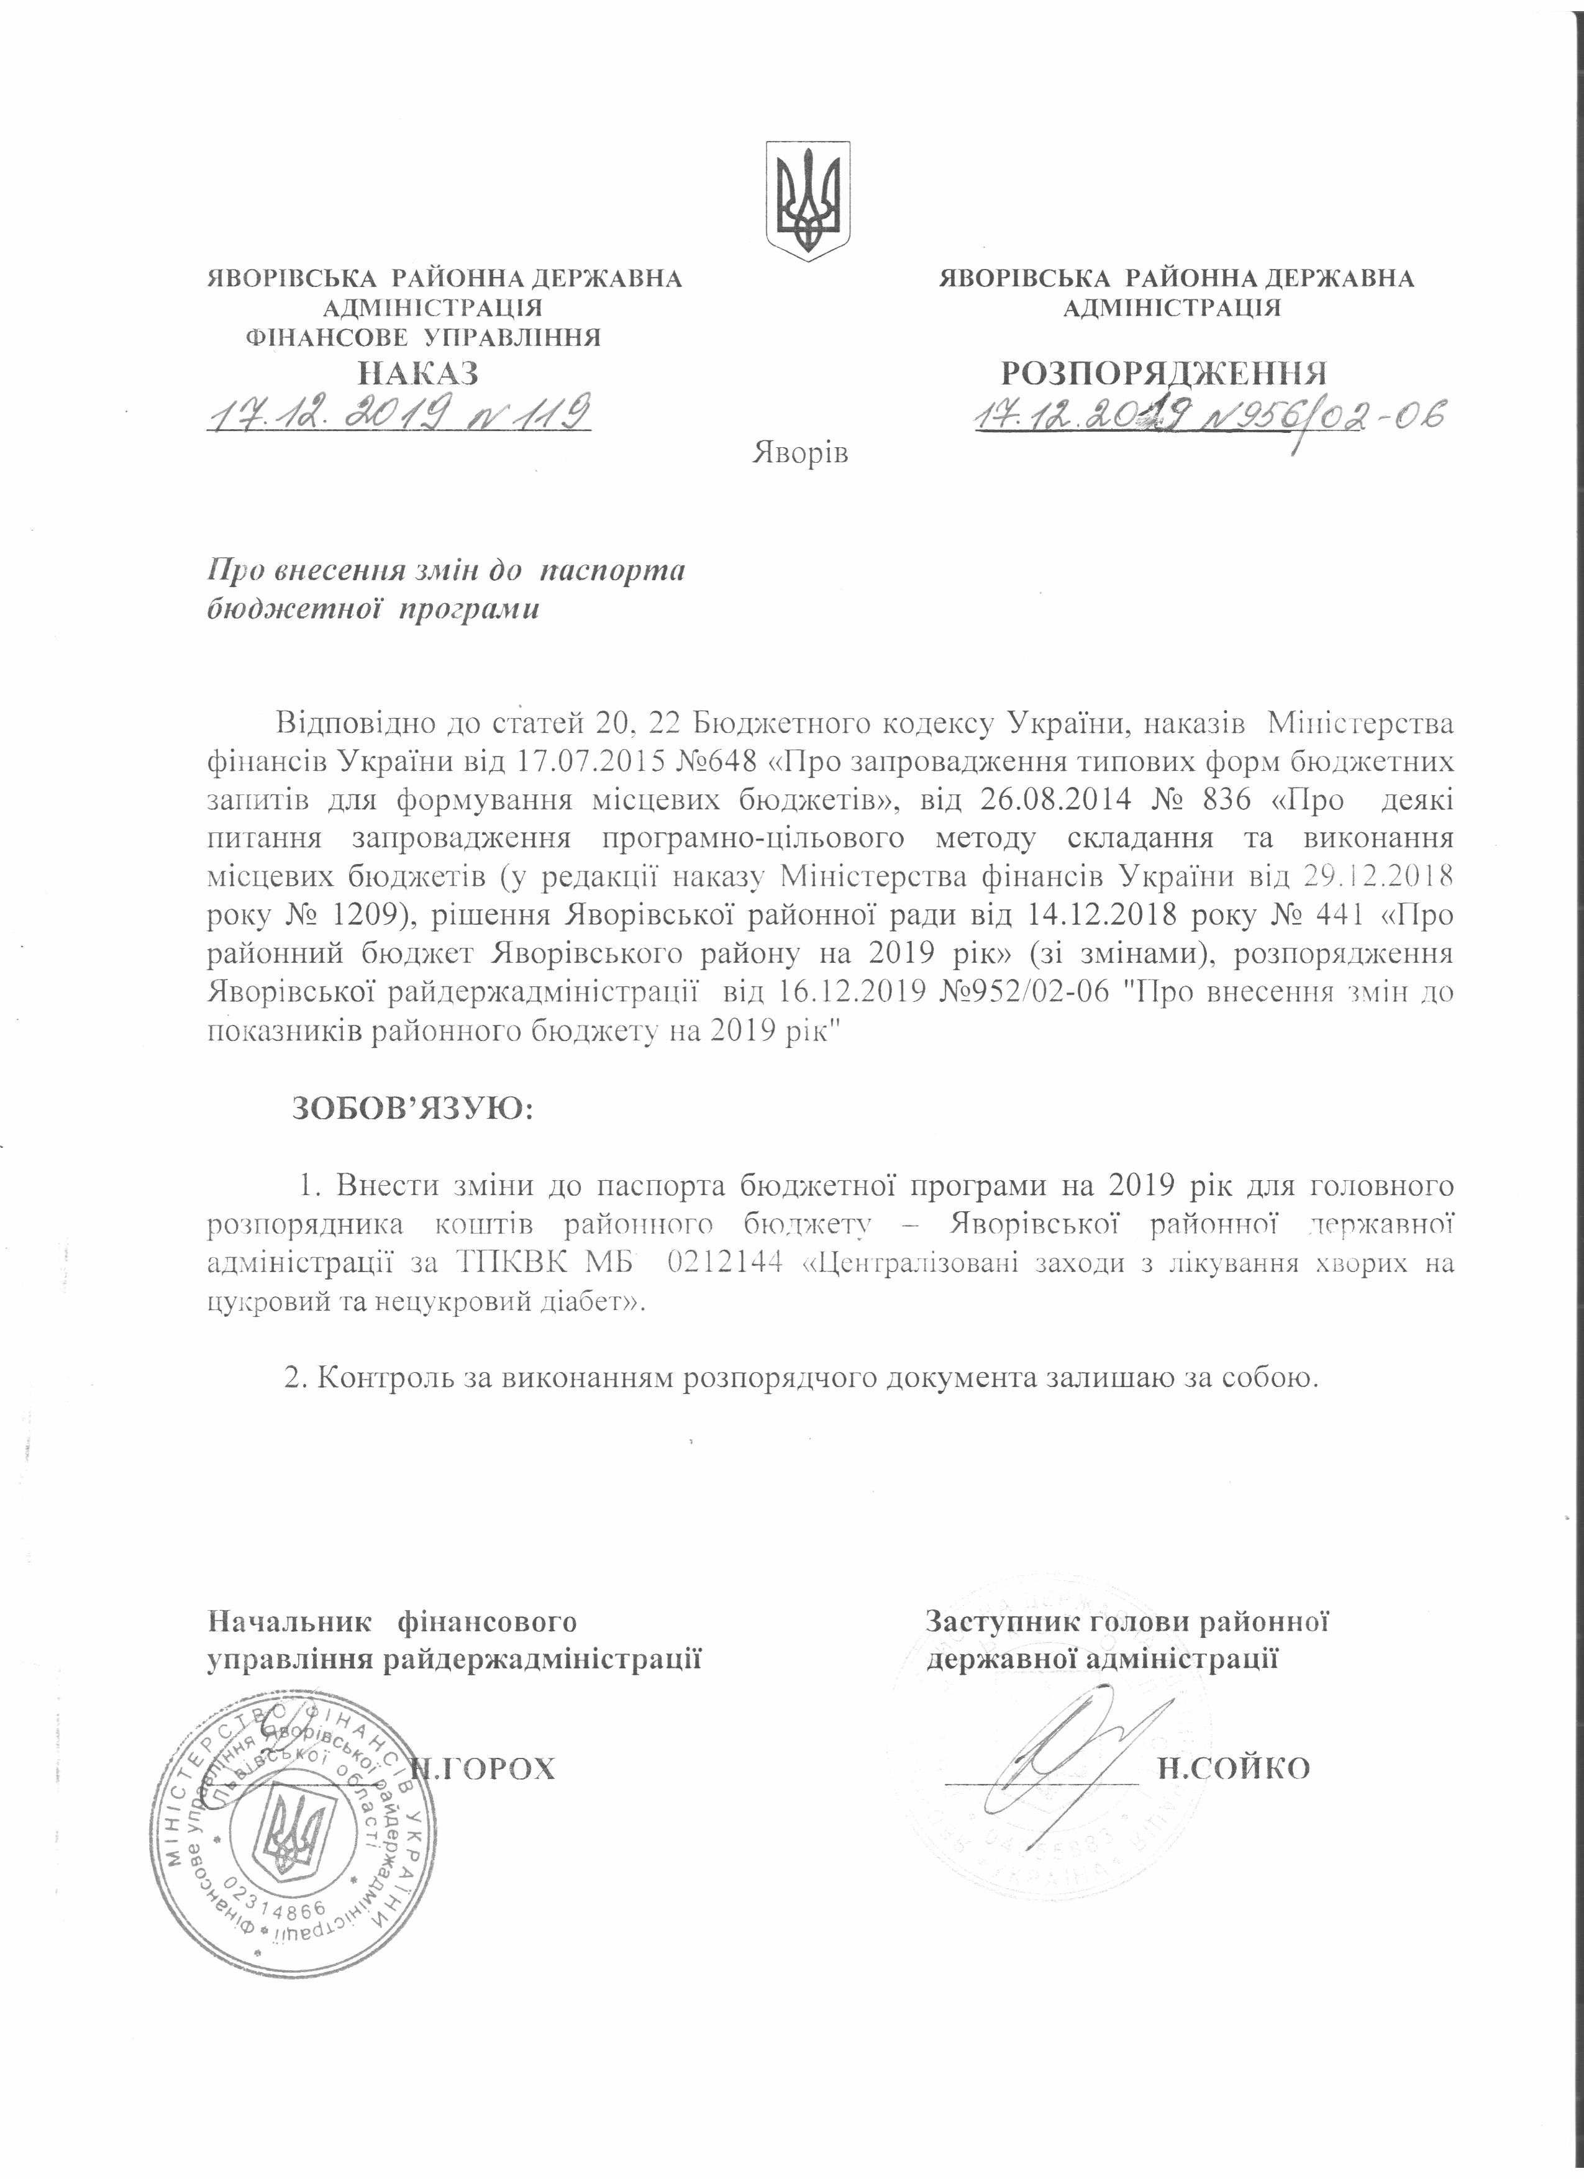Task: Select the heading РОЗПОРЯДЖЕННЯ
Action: pyautogui.click(x=1164, y=373)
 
